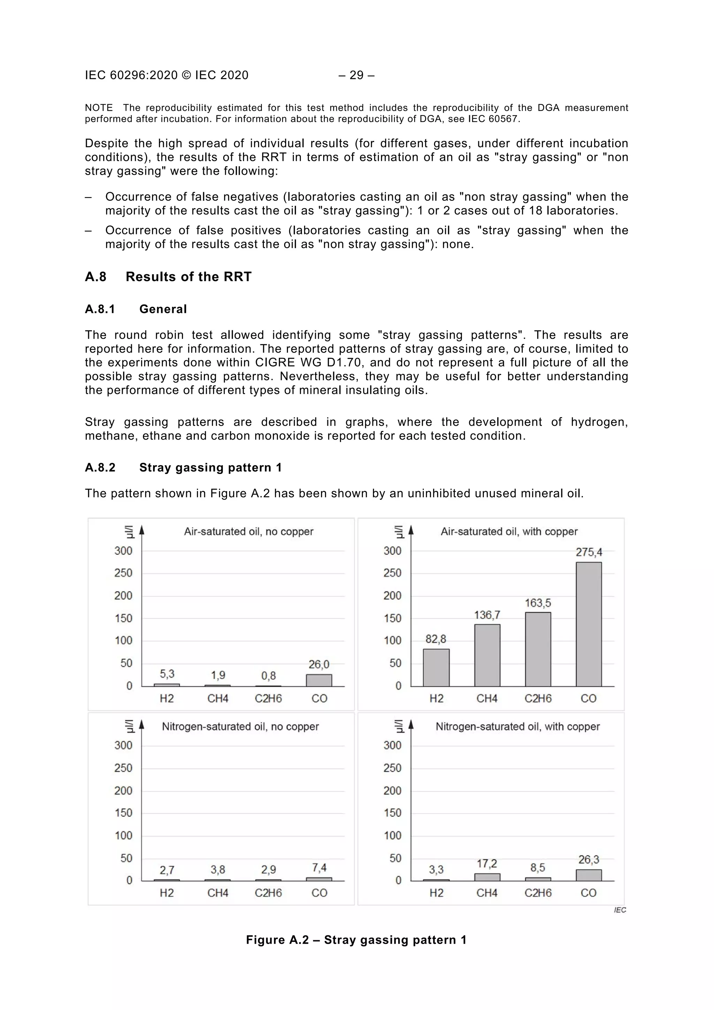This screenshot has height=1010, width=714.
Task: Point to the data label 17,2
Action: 487,864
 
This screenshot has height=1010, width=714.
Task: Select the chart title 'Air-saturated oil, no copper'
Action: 249,532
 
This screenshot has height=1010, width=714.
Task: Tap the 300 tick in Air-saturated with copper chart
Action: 392,551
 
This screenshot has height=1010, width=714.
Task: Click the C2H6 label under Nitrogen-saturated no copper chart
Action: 268,892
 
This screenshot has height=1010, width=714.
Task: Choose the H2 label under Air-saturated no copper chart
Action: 167,698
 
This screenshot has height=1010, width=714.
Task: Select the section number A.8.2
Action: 100,467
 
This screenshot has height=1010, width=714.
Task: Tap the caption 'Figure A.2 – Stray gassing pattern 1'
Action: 356,940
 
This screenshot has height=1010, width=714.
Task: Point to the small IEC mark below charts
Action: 620,910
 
